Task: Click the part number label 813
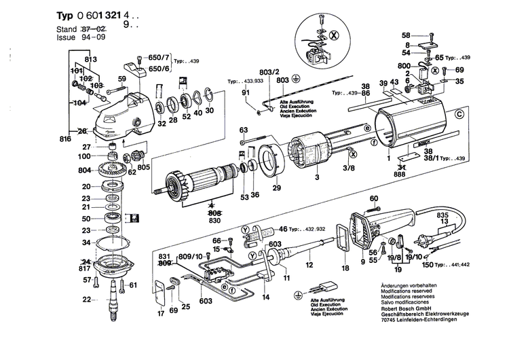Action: tap(91, 59)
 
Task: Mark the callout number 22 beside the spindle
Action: tap(86, 300)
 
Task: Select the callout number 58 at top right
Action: tap(406, 35)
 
